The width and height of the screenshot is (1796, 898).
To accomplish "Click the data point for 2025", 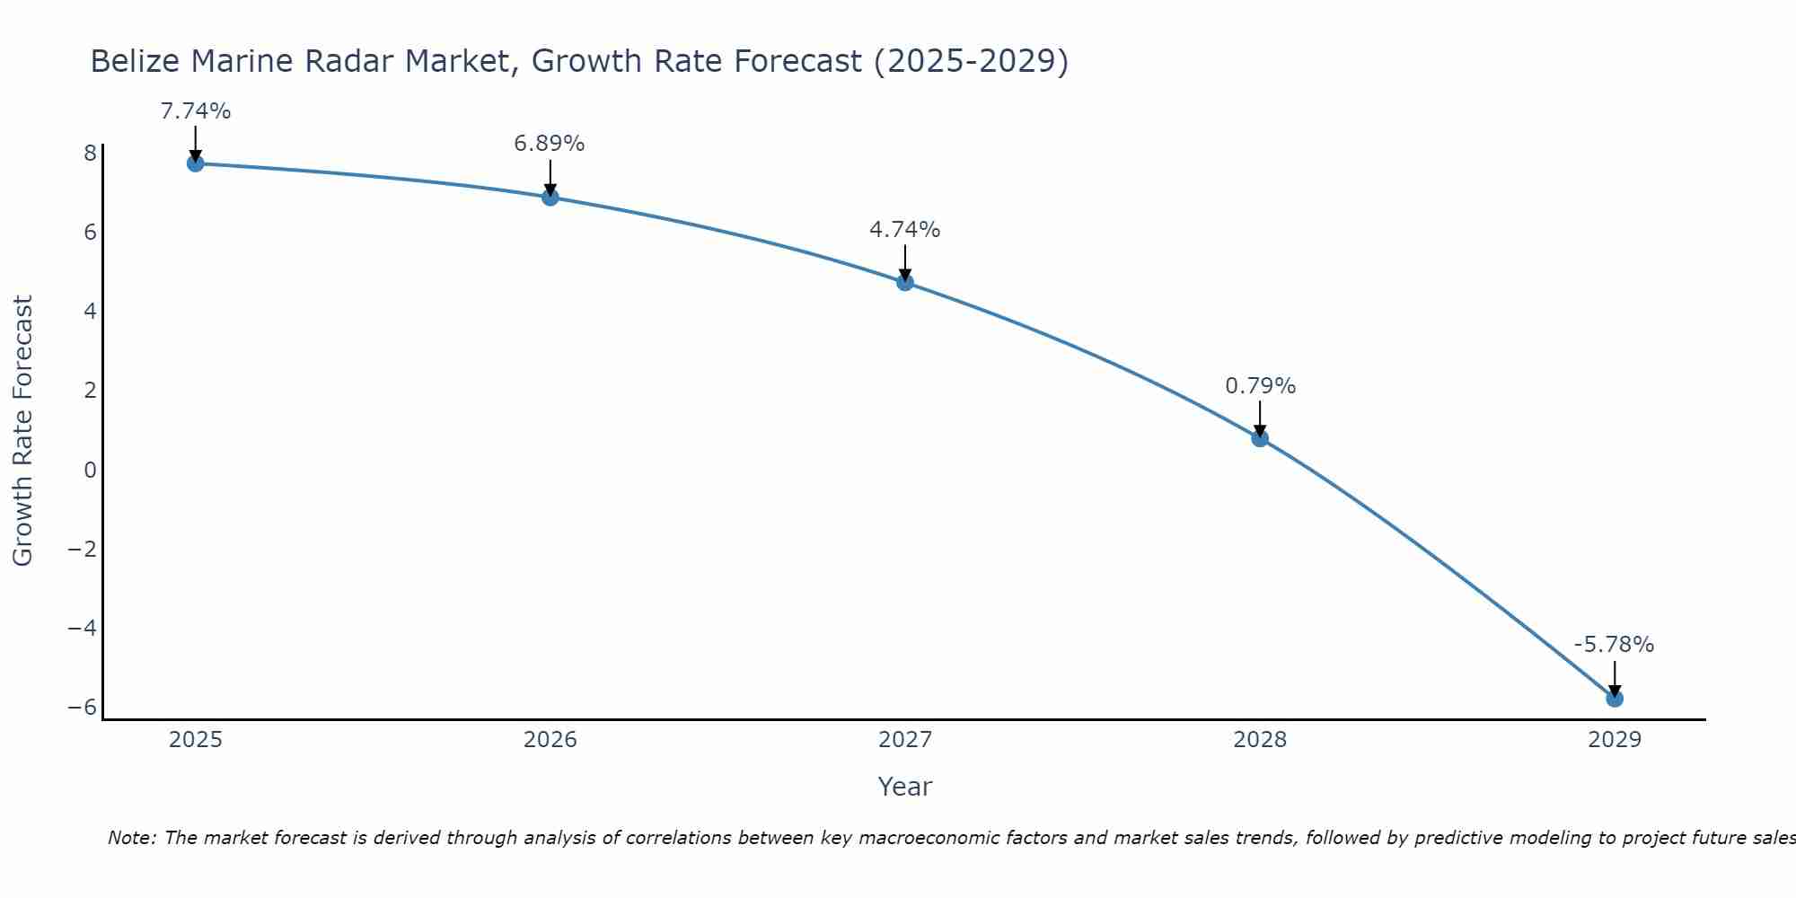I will pyautogui.click(x=195, y=163).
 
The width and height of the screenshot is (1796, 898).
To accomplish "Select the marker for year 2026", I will pyautogui.click(x=550, y=197).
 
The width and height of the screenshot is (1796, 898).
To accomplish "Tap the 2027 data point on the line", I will pyautogui.click(x=905, y=282).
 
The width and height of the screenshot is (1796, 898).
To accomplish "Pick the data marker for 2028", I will pyautogui.click(x=1260, y=438).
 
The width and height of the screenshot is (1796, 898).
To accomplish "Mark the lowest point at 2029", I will pyautogui.click(x=1615, y=699).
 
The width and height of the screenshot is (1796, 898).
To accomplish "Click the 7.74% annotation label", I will pyautogui.click(x=195, y=111).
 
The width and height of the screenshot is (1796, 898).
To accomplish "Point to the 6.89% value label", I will pyautogui.click(x=550, y=144).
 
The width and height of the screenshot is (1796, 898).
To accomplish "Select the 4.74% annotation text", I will pyautogui.click(x=904, y=230).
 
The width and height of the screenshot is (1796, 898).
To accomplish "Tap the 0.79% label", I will pyautogui.click(x=1260, y=386).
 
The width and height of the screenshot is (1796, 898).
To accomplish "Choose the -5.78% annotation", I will pyautogui.click(x=1614, y=645).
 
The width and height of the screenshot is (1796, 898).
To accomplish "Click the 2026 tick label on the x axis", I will pyautogui.click(x=550, y=740).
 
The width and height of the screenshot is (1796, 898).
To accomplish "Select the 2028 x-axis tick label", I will pyautogui.click(x=1260, y=740).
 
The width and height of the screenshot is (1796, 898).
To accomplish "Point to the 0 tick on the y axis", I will pyautogui.click(x=90, y=470).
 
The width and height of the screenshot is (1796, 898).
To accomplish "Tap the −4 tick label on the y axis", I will pyautogui.click(x=82, y=628).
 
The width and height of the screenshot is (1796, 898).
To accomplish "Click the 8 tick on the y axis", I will pyautogui.click(x=90, y=153).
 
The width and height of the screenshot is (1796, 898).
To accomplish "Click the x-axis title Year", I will pyautogui.click(x=904, y=787).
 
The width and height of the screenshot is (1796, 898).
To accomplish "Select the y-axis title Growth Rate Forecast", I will pyautogui.click(x=22, y=430).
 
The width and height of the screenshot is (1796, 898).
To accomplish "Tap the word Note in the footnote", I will pyautogui.click(x=132, y=838).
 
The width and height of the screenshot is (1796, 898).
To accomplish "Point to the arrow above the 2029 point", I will pyautogui.click(x=1615, y=677).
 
